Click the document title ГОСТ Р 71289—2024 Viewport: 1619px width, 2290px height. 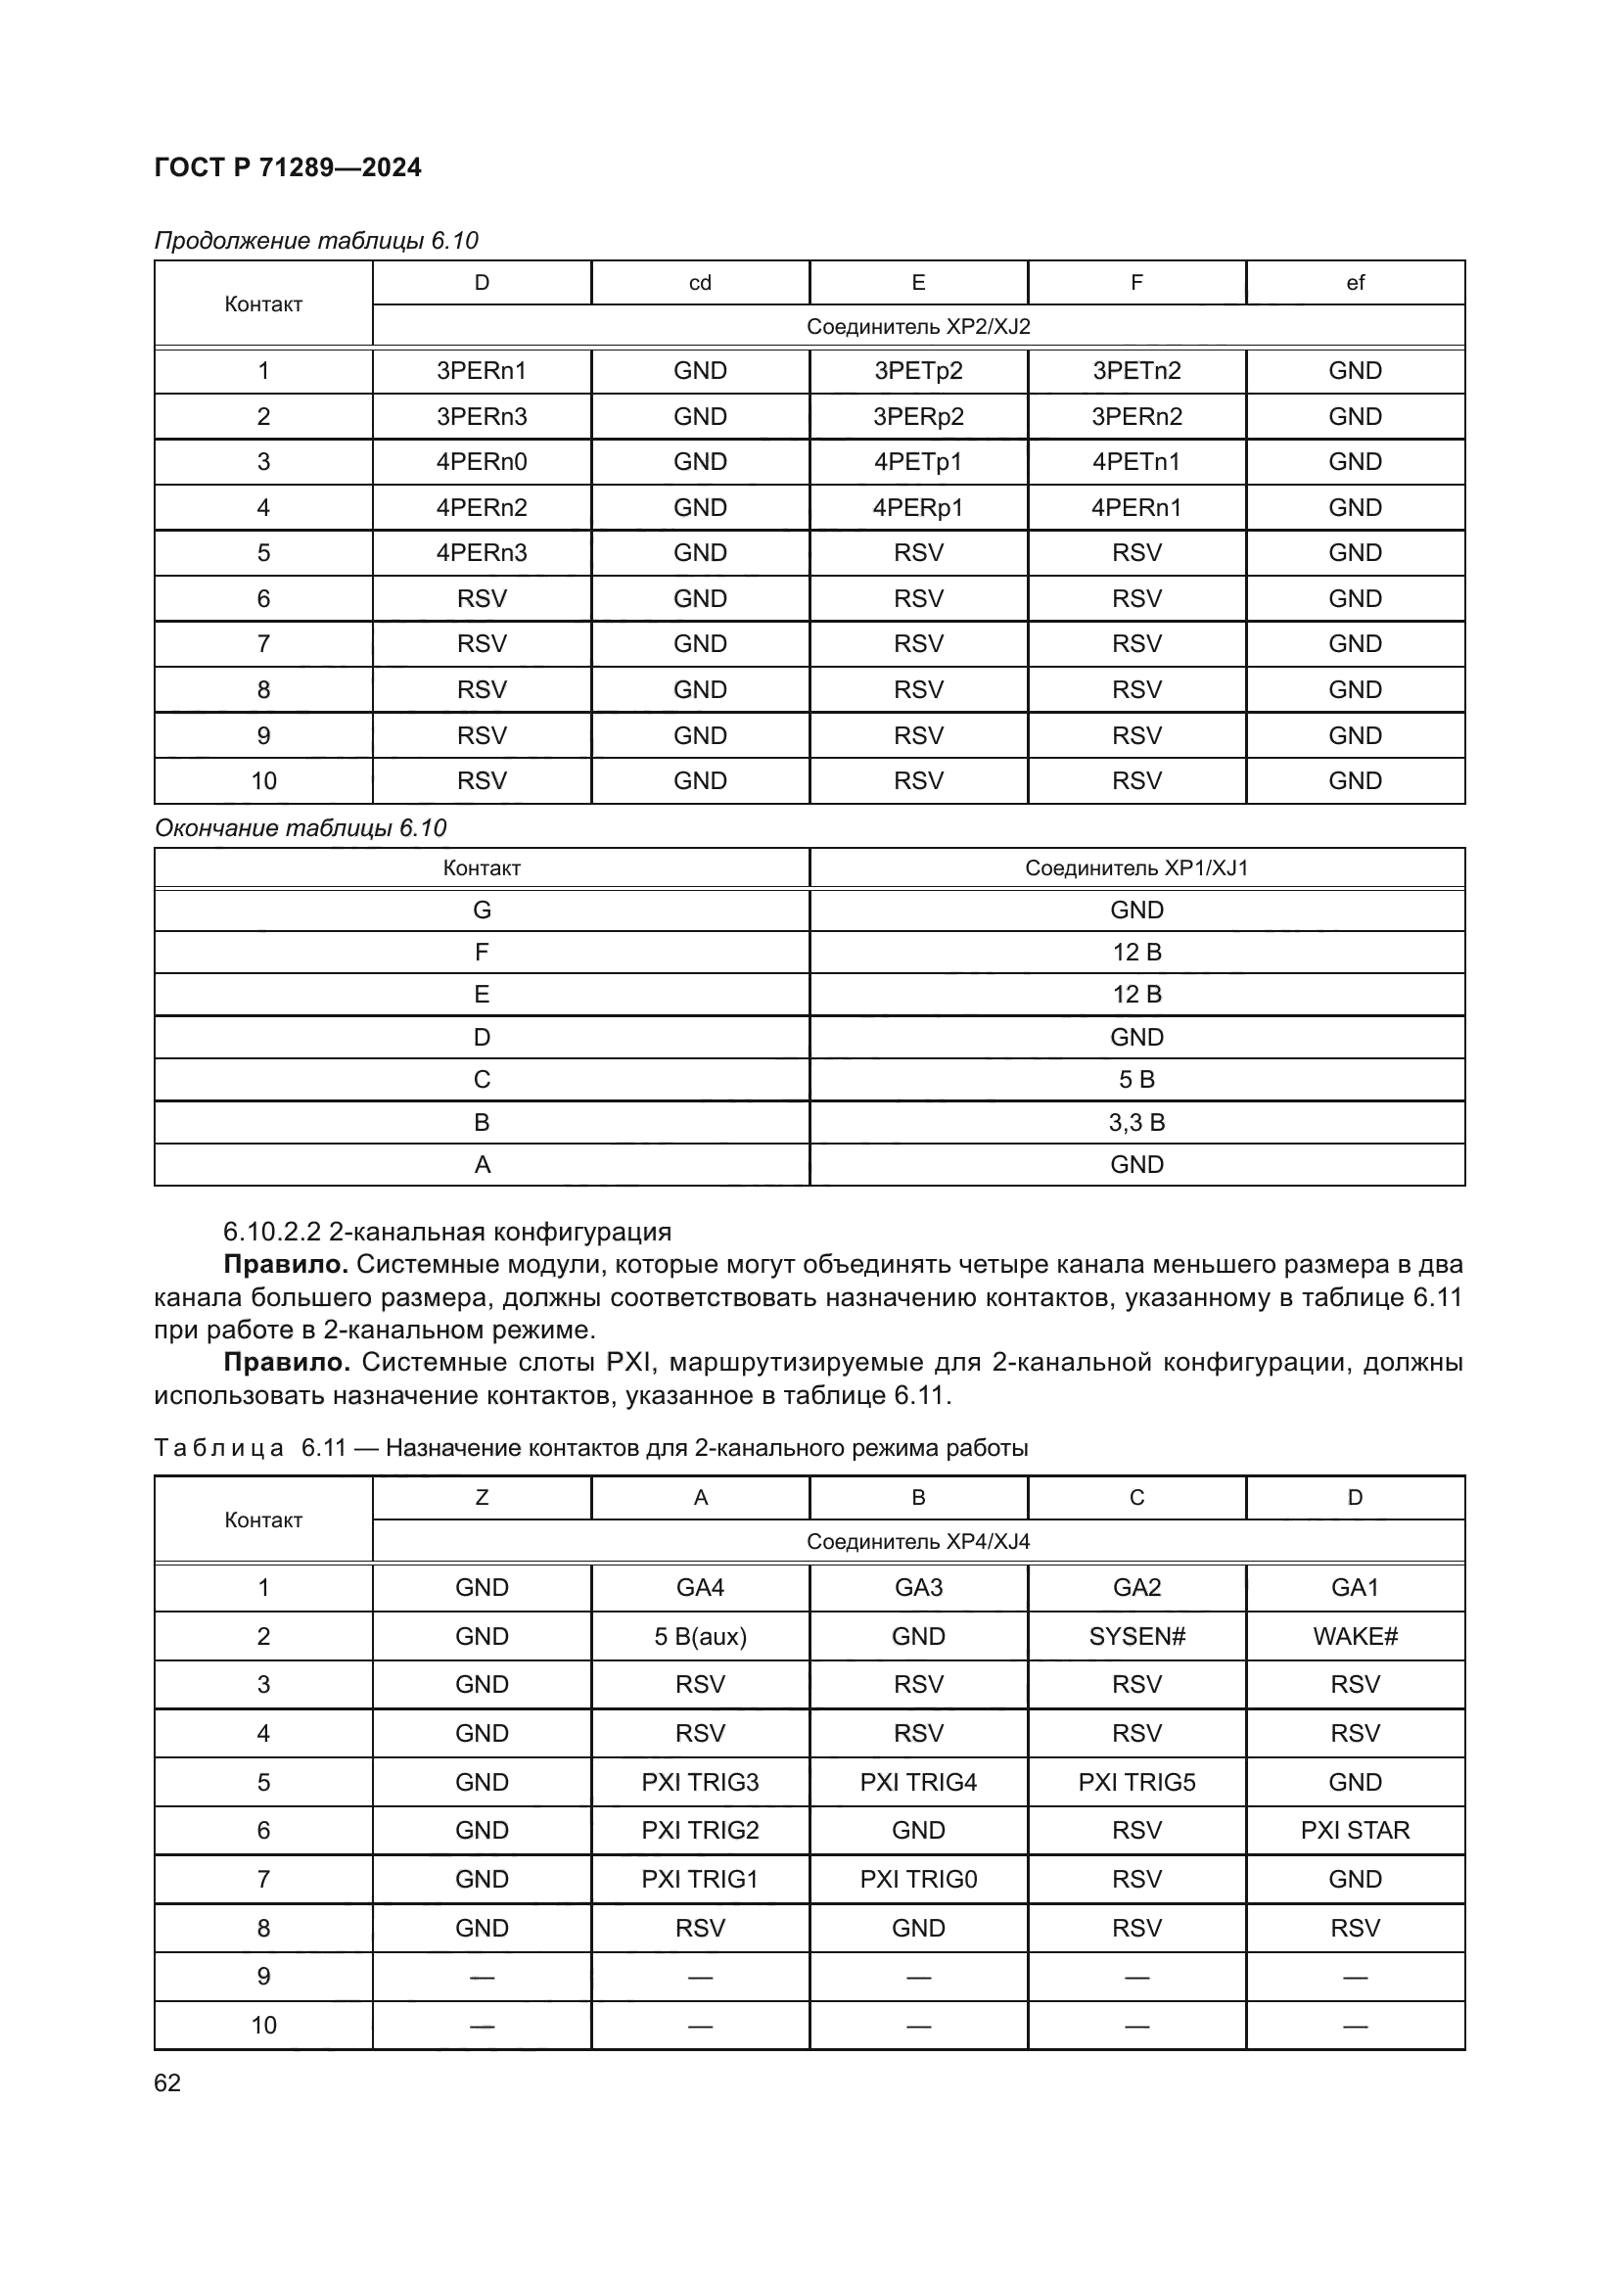tap(287, 167)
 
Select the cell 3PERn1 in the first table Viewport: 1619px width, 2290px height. tap(482, 371)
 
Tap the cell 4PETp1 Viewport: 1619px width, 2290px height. tap(918, 462)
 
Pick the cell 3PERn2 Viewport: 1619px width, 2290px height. tap(1136, 417)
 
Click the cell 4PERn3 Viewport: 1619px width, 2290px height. tap(482, 552)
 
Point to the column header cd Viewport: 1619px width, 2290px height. tap(700, 283)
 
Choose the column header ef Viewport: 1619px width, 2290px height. tap(1355, 283)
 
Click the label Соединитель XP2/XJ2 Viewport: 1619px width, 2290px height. tap(918, 327)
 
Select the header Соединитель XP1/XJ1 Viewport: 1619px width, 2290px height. tap(1136, 867)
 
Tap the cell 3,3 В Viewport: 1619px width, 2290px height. tap(1136, 1122)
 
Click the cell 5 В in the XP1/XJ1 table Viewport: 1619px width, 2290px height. tap(1136, 1079)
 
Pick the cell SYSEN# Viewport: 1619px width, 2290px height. tap(1136, 1636)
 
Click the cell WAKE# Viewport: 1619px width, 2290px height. tap(1355, 1636)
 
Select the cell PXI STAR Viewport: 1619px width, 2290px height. tap(1355, 1830)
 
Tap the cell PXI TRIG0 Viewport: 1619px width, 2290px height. tap(918, 1879)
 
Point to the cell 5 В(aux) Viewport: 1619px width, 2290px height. tap(700, 1636)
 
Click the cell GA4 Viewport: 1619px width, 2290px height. tap(700, 1587)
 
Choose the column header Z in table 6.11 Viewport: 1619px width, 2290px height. tap(482, 1497)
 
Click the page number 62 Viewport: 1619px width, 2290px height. tap(167, 2082)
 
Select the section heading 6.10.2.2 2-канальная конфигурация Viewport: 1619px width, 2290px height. tap(446, 1232)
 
